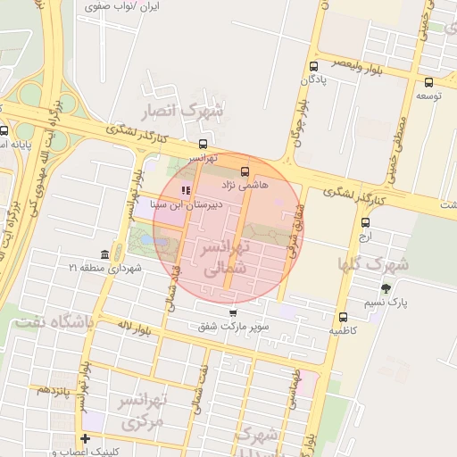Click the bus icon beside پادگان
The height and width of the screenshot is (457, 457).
click(x=313, y=66)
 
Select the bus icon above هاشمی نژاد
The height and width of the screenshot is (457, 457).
click(x=245, y=170)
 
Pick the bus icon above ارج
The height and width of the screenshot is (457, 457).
click(x=364, y=223)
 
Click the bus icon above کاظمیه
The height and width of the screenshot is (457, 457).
click(x=343, y=317)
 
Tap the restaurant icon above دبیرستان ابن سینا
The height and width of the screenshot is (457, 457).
click(x=186, y=190)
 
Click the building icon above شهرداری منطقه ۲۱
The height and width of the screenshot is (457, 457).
click(x=105, y=253)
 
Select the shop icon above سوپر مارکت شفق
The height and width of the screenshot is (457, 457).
click(x=233, y=313)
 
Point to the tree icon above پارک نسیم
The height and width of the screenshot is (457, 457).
click(x=386, y=288)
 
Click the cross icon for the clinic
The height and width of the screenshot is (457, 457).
click(x=85, y=438)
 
